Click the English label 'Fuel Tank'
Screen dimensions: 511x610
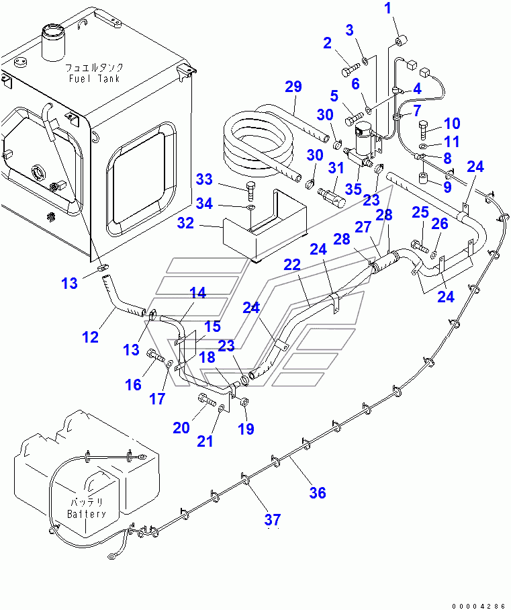tap(94, 78)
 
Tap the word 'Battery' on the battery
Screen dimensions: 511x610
tap(87, 514)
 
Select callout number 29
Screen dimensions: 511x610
tap(293, 87)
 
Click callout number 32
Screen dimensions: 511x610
tap(185, 223)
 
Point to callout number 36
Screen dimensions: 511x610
tap(318, 493)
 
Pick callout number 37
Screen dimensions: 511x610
tap(272, 519)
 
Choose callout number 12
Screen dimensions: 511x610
tap(90, 337)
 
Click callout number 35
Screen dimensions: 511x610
tap(353, 189)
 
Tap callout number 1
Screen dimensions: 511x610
tap(387, 8)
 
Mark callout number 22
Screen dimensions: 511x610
tap(292, 265)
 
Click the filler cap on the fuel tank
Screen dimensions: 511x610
tap(52, 42)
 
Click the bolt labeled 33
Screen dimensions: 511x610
tap(250, 190)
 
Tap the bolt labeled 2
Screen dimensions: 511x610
tap(351, 71)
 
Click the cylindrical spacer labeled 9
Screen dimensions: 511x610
tap(423, 179)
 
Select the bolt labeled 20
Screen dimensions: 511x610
tap(207, 399)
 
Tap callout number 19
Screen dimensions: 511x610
tap(246, 429)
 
